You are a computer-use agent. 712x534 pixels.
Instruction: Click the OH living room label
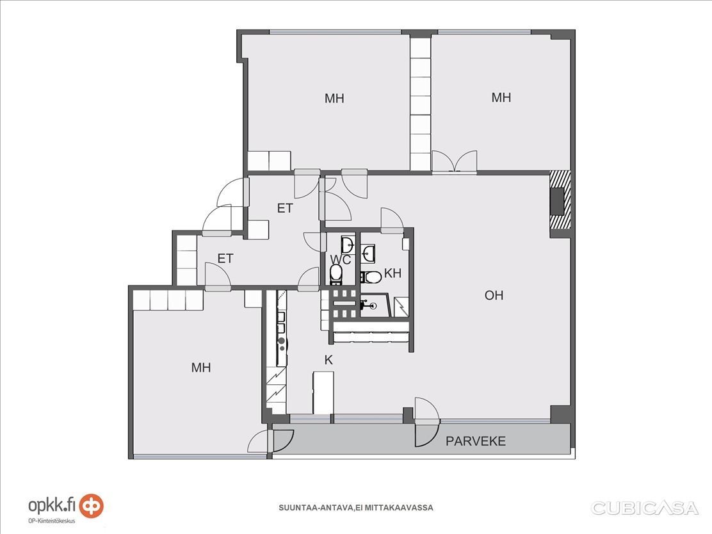pyautogui.click(x=494, y=295)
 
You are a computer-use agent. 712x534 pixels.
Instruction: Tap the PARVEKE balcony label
pyautogui.click(x=476, y=441)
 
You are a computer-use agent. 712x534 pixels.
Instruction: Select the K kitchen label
pyautogui.click(x=328, y=360)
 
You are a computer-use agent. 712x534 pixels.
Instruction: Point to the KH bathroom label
pyautogui.click(x=392, y=273)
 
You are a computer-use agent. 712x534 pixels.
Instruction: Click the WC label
pyautogui.click(x=341, y=260)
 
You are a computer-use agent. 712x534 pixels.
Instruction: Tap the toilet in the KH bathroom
pyautogui.click(x=371, y=277)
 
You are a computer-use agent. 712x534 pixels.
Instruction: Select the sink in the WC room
pyautogui.click(x=348, y=245)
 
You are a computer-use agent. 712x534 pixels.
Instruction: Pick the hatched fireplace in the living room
pyautogui.click(x=560, y=200)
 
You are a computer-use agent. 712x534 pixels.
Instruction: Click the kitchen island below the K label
pyautogui.click(x=323, y=392)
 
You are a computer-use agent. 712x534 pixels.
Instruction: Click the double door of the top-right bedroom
pyautogui.click(x=454, y=162)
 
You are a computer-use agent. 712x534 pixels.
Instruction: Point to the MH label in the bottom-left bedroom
pyautogui.click(x=200, y=368)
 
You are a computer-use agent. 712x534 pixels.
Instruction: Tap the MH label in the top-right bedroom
pyautogui.click(x=501, y=97)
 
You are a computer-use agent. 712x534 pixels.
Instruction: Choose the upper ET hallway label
pyautogui.click(x=285, y=209)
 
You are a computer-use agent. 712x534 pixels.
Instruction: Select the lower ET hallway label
pyautogui.click(x=225, y=259)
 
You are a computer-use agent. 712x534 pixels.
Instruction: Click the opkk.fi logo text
pyautogui.click(x=53, y=505)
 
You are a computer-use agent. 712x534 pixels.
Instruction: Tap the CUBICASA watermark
pyautogui.click(x=644, y=508)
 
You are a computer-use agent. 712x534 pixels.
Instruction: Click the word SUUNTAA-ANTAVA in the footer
pyautogui.click(x=315, y=508)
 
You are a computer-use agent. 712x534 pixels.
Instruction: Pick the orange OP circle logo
pyautogui.click(x=92, y=506)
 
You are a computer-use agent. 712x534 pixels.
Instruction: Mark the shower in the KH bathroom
pyautogui.click(x=400, y=307)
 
